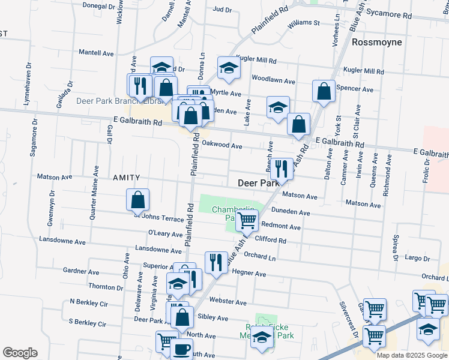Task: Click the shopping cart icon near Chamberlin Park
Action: (x=247, y=220)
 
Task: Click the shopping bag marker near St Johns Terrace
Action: (x=138, y=200)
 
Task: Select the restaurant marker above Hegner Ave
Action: (x=214, y=262)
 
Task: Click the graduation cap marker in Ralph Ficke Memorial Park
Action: (x=262, y=337)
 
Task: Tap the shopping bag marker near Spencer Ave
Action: (x=324, y=91)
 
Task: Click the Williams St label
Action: (x=303, y=23)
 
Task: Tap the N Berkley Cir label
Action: (x=88, y=301)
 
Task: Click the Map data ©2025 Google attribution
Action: (x=412, y=355)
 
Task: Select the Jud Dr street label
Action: (x=222, y=10)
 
